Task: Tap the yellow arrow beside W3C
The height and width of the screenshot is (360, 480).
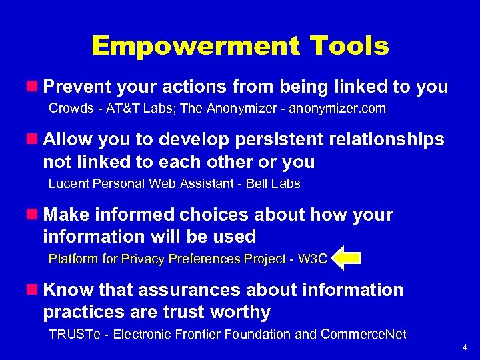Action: pyautogui.click(x=346, y=259)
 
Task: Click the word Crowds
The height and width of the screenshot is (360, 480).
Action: pyautogui.click(x=70, y=108)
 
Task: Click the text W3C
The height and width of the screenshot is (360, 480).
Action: pyautogui.click(x=313, y=259)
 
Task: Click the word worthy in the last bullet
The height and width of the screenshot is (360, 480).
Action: pyautogui.click(x=239, y=312)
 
